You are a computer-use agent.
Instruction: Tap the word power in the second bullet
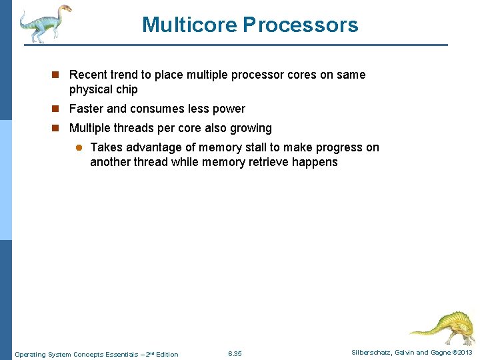coord(229,109)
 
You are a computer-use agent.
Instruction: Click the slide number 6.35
coord(235,353)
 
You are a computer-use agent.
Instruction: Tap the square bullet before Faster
coord(58,109)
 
